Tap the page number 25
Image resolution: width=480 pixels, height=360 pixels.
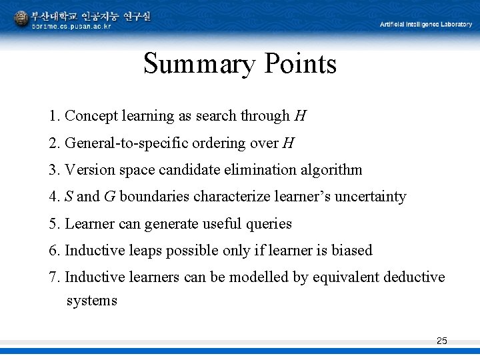pos(441,341)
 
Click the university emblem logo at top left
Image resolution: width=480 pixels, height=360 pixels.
pos(21,18)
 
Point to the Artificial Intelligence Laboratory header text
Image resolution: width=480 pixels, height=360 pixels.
pos(426,24)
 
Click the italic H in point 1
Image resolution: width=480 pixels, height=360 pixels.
pos(300,116)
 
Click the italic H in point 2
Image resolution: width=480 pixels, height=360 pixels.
pos(288,143)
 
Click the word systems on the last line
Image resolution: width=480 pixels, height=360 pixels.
pos(91,301)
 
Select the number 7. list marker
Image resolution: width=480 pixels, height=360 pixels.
pos(55,277)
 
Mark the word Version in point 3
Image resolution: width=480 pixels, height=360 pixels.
pos(90,169)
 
